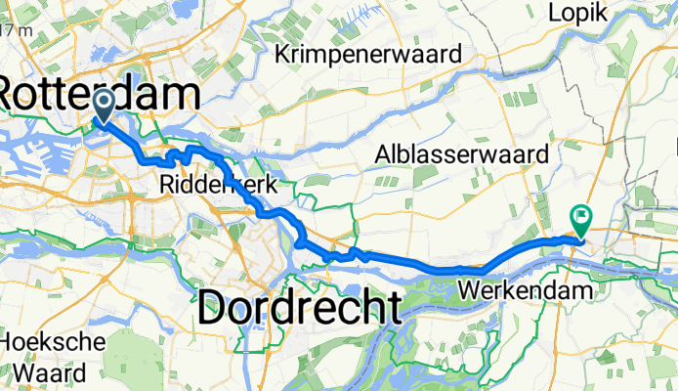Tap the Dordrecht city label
(299, 308)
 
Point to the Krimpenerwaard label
(367, 56)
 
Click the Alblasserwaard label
(464, 153)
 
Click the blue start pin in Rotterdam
(104, 106)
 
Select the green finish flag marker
(581, 221)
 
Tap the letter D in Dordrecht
(213, 308)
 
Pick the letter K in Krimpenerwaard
(283, 56)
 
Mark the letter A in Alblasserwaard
(383, 153)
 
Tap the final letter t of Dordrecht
(391, 308)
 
